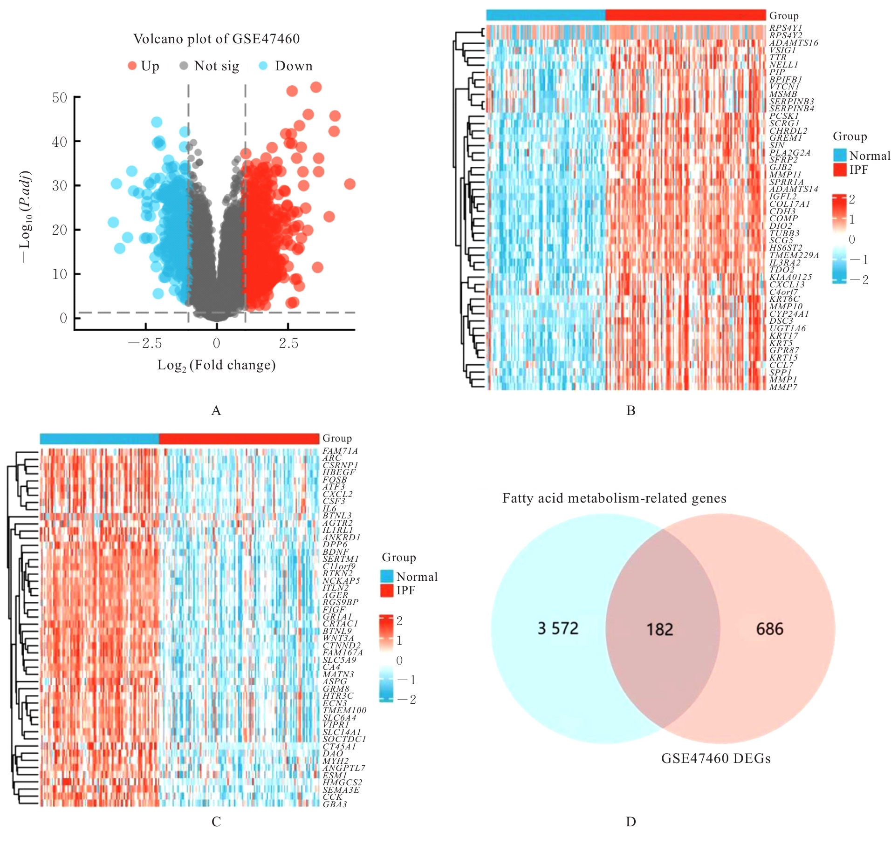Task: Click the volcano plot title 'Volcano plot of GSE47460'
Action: [x=216, y=39]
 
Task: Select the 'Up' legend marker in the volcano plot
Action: [x=132, y=66]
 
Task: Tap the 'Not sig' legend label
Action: [x=216, y=66]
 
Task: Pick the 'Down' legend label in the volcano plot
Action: [x=294, y=66]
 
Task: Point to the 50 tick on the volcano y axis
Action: [x=60, y=98]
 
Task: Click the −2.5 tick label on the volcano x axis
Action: [x=145, y=344]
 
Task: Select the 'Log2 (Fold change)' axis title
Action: [x=216, y=365]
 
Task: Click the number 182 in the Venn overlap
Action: [x=660, y=630]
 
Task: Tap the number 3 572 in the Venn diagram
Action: [x=558, y=628]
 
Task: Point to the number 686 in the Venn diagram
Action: [x=769, y=629]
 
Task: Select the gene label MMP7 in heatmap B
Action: [x=783, y=387]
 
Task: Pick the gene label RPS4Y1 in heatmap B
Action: [x=786, y=28]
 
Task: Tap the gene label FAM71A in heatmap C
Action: [x=340, y=451]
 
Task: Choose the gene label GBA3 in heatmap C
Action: [x=335, y=804]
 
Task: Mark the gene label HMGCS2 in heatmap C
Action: [x=342, y=783]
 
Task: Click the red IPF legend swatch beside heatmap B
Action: [x=840, y=170]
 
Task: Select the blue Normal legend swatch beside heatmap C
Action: [x=387, y=577]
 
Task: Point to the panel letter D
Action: [x=631, y=822]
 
